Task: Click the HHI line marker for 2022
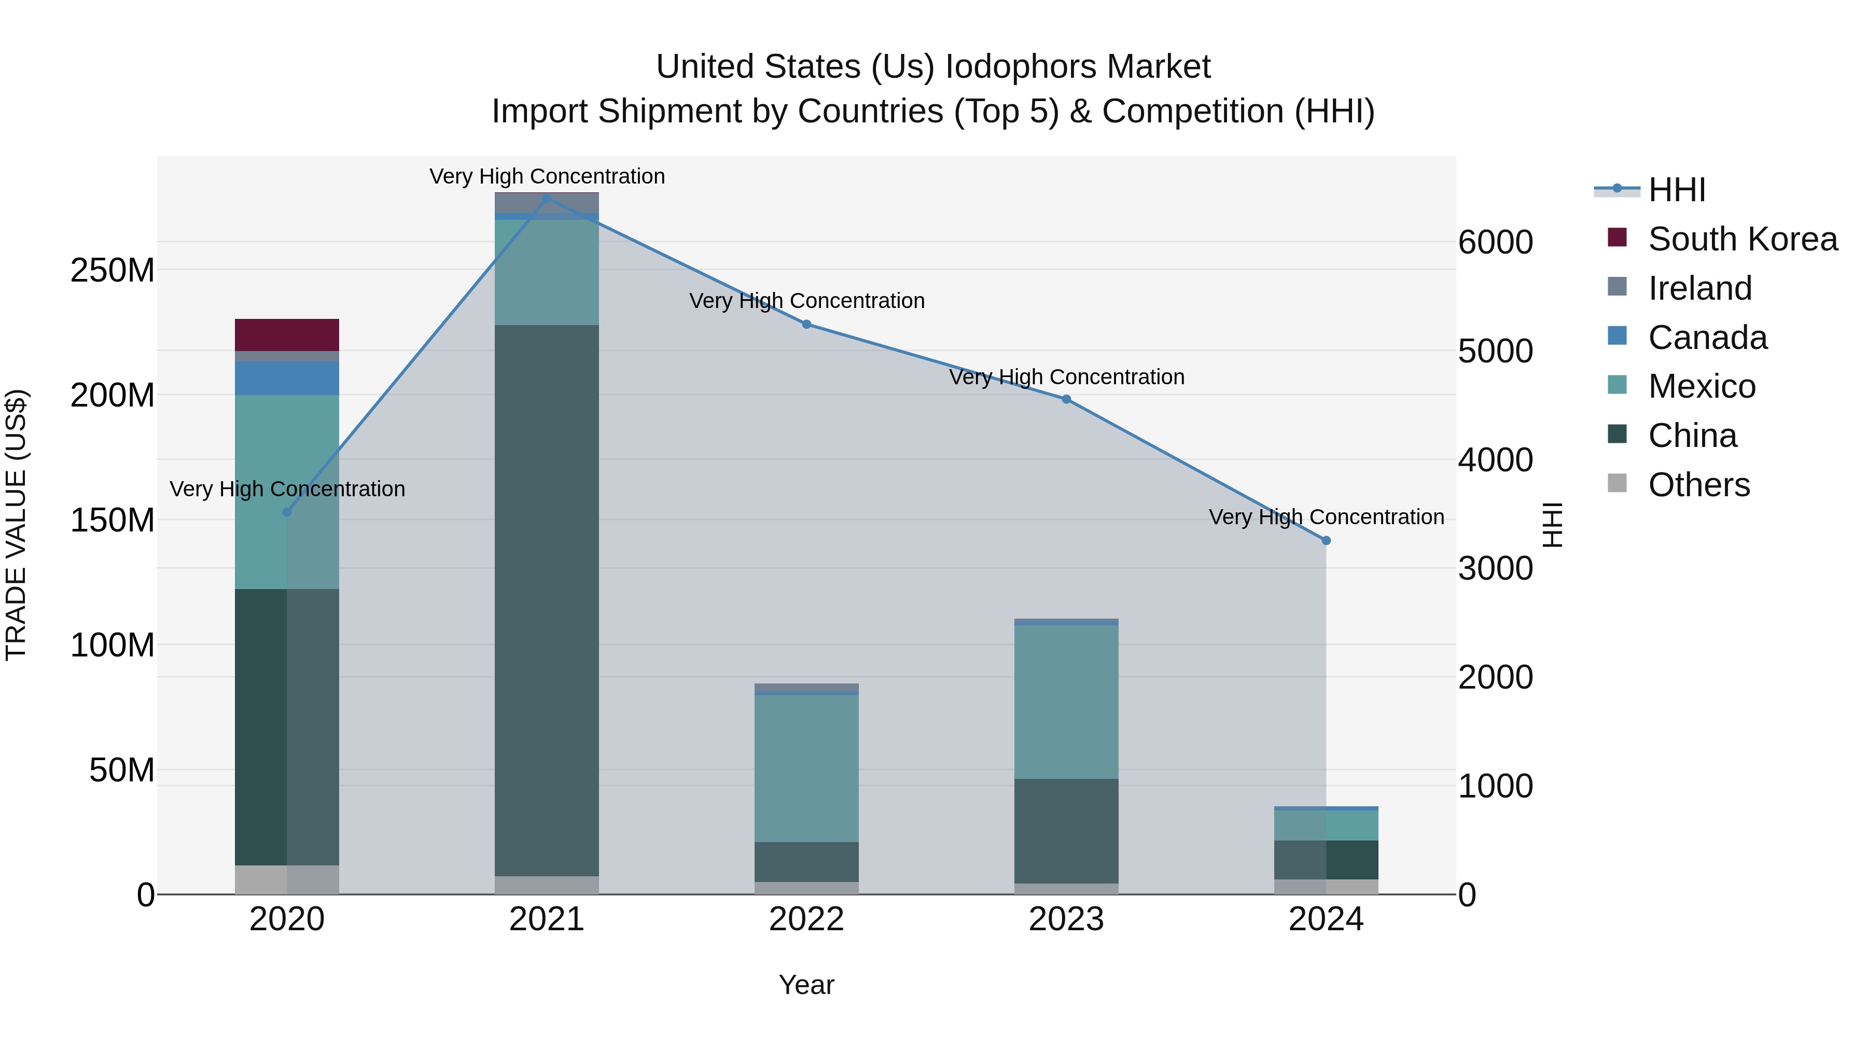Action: pyautogui.click(x=806, y=324)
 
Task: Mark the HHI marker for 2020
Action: pyautogui.click(x=287, y=512)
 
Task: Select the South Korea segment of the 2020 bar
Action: pyautogui.click(x=287, y=335)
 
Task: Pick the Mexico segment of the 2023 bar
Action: pyautogui.click(x=1066, y=702)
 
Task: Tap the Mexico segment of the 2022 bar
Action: pyautogui.click(x=806, y=768)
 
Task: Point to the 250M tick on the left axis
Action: pyautogui.click(x=113, y=270)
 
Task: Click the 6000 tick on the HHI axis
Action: pyautogui.click(x=1495, y=242)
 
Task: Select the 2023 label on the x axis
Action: pyautogui.click(x=1066, y=919)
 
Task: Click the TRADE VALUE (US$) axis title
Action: pyautogui.click(x=16, y=525)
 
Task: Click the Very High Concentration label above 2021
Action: pyautogui.click(x=547, y=176)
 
